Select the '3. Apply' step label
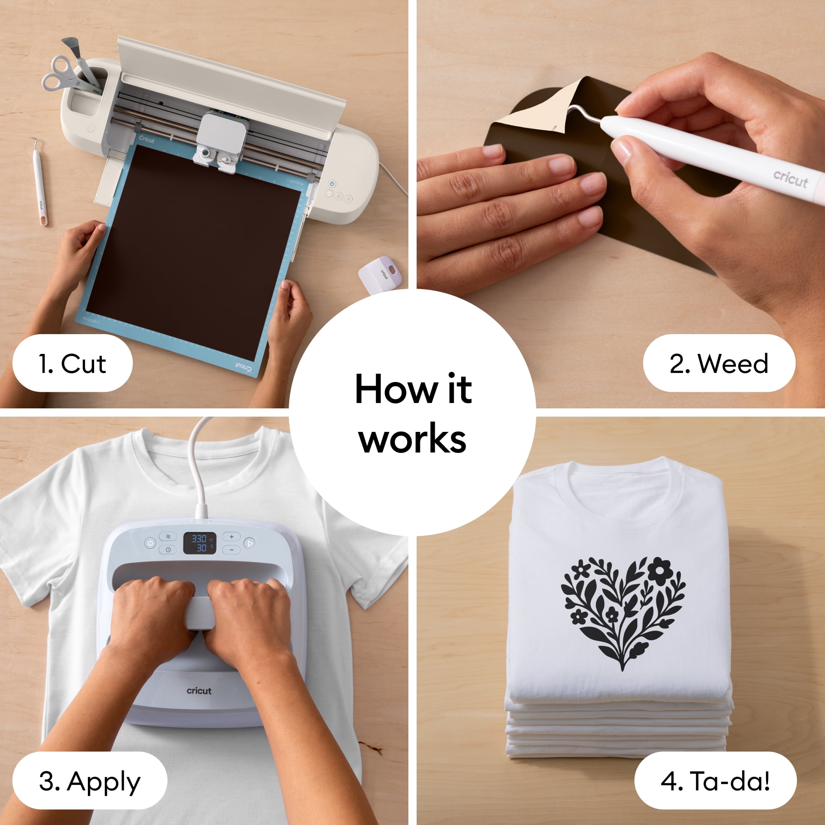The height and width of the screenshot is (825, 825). click(90, 781)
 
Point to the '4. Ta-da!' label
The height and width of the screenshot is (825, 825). click(716, 781)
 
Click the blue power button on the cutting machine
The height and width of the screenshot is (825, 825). click(332, 184)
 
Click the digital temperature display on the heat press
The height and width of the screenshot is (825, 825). click(199, 543)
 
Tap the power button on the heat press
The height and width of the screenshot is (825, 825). click(150, 543)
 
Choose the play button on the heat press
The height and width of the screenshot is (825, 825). click(250, 543)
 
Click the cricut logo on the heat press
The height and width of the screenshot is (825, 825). click(199, 691)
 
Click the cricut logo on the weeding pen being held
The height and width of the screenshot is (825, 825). click(790, 179)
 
